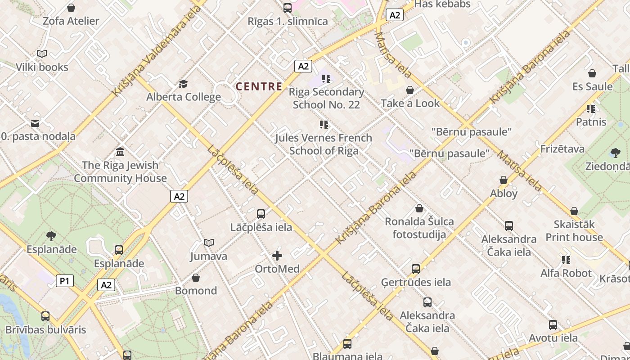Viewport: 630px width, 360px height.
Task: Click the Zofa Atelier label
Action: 71,21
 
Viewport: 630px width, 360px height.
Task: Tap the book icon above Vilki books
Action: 42,54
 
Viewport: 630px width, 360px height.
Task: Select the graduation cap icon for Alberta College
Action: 183,84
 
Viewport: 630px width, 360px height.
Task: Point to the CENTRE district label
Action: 259,86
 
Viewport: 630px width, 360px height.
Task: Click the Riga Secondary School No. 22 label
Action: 326,98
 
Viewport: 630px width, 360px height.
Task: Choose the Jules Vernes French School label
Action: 324,144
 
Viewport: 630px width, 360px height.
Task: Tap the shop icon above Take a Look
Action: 410,90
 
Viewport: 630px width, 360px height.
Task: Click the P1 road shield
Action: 65,281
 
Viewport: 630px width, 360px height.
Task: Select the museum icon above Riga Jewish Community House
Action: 120,152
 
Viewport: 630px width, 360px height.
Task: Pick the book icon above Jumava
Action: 208,243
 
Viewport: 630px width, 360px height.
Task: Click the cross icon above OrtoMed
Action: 277,256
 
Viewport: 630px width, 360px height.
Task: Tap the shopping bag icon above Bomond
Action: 196,278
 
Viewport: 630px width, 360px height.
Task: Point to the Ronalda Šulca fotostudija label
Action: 419,228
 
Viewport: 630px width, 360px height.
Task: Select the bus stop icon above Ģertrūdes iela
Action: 416,269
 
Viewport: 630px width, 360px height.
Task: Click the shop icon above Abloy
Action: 504,180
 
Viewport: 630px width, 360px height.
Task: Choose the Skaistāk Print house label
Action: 574,230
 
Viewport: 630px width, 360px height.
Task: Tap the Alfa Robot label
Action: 566,273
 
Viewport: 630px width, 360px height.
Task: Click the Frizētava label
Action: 562,148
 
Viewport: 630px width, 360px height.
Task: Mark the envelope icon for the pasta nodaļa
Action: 35,123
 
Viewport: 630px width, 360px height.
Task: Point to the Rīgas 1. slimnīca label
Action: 288,21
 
